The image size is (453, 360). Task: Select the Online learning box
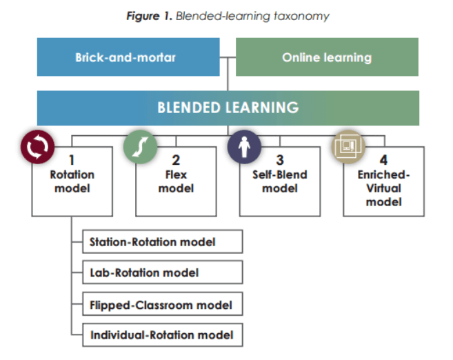(327, 57)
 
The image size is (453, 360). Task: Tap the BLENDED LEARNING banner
(228, 108)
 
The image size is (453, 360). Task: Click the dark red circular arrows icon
(36, 146)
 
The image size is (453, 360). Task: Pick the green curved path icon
(140, 146)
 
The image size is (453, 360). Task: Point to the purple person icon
(244, 146)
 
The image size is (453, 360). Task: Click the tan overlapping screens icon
(348, 146)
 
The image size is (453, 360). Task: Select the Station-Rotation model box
(162, 242)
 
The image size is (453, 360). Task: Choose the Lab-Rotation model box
(162, 272)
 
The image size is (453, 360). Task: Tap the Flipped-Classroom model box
(162, 304)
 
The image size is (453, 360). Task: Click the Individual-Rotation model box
(162, 336)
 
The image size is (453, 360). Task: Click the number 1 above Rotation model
(72, 160)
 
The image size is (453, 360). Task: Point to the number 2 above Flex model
(176, 160)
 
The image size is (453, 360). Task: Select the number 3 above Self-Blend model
(279, 160)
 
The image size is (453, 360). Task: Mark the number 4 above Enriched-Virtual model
(383, 160)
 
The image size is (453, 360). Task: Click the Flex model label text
(176, 181)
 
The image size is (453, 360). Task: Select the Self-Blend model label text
(279, 181)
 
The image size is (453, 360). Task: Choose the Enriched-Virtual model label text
(383, 188)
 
